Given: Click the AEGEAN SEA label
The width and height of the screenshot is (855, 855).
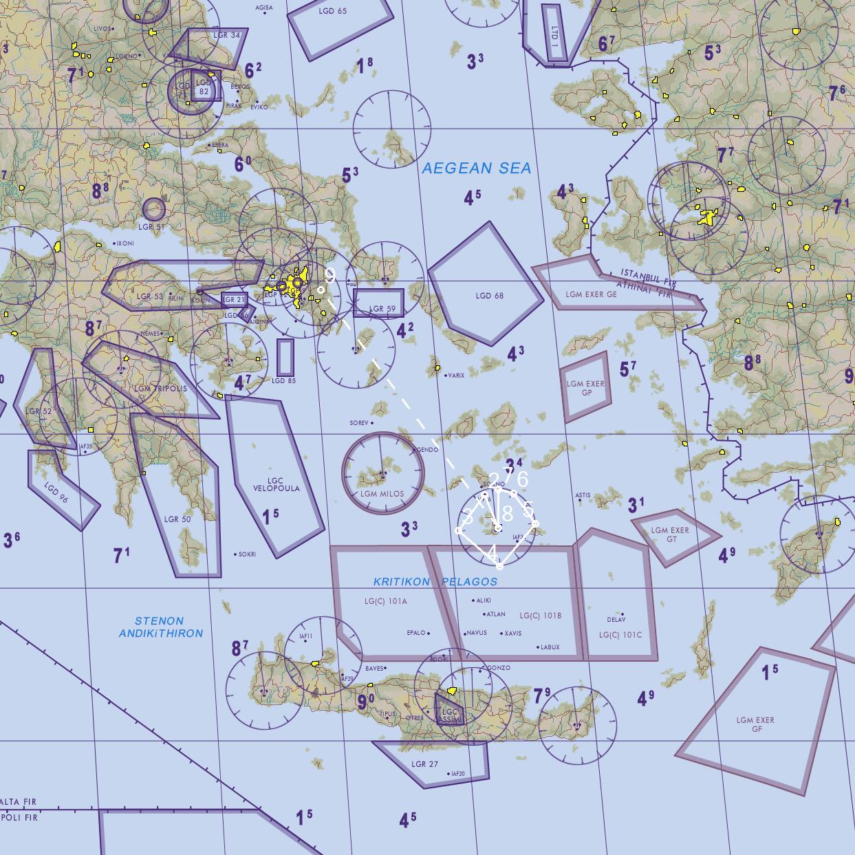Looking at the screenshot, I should pyautogui.click(x=476, y=169).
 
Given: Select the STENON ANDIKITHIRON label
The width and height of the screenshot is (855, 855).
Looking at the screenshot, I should pyautogui.click(x=160, y=627).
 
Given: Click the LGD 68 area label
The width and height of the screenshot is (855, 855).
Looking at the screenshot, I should pyautogui.click(x=489, y=296).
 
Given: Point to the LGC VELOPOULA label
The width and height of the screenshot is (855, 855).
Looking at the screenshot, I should pyautogui.click(x=277, y=485).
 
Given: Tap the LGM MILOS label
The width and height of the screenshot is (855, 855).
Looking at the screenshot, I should pyautogui.click(x=382, y=494).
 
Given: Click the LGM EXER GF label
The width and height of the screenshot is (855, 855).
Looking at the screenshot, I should pyautogui.click(x=755, y=724).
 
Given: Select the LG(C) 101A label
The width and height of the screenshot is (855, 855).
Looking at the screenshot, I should pyautogui.click(x=386, y=601).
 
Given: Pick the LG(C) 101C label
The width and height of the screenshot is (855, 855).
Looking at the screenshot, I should pyautogui.click(x=620, y=635).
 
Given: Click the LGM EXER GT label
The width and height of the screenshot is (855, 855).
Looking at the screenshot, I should pyautogui.click(x=670, y=534).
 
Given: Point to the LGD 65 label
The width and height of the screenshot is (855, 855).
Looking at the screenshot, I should pyautogui.click(x=333, y=12).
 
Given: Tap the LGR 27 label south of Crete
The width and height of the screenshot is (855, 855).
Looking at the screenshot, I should pyautogui.click(x=424, y=764).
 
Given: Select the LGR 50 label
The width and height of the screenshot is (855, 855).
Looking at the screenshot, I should pyautogui.click(x=177, y=519).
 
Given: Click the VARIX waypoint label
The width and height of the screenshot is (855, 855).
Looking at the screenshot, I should pyautogui.click(x=455, y=376).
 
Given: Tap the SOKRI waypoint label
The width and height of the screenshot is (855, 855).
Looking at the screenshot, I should pyautogui.click(x=247, y=554).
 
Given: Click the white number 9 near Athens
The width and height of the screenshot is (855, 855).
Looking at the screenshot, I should pyautogui.click(x=330, y=275).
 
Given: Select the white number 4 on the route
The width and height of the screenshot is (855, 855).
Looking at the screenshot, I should pyautogui.click(x=493, y=552).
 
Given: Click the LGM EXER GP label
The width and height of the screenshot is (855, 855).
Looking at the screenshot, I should pyautogui.click(x=585, y=388).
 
